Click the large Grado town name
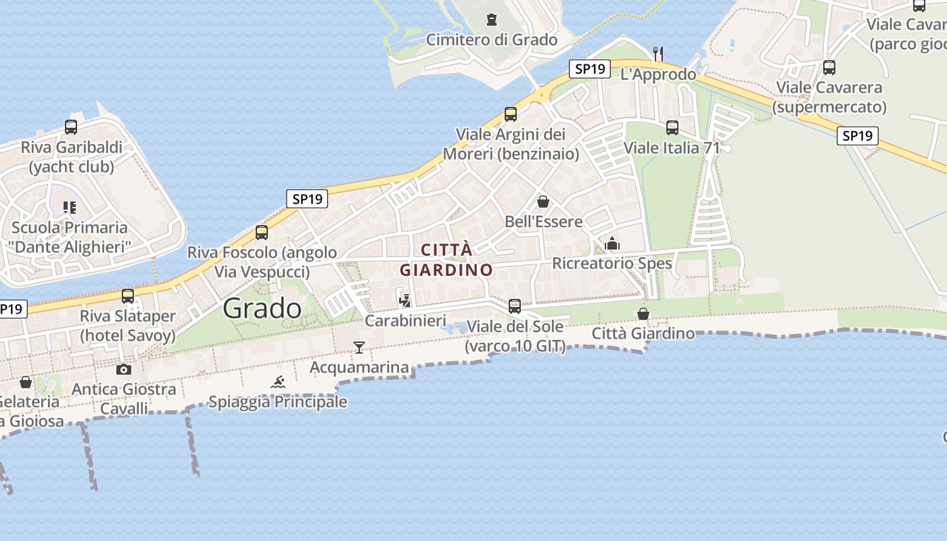click(x=262, y=308)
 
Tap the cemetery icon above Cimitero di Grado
click(x=492, y=20)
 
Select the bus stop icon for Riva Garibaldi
click(x=71, y=126)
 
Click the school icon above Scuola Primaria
click(x=70, y=207)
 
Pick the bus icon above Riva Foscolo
click(x=262, y=232)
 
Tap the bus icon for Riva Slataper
click(x=128, y=296)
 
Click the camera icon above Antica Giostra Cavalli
click(x=124, y=369)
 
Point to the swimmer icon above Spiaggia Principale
click(x=278, y=382)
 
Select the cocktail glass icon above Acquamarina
click(x=359, y=348)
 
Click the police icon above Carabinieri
click(x=405, y=300)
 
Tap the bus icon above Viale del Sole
click(x=515, y=306)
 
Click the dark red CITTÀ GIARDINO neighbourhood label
click(x=446, y=260)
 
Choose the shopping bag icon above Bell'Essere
click(x=543, y=202)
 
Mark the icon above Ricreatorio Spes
click(x=612, y=243)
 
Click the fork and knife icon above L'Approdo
click(x=658, y=53)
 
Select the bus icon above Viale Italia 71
click(x=672, y=127)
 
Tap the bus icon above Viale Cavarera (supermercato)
click(x=829, y=68)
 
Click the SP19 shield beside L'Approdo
click(x=590, y=68)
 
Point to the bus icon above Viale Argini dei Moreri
click(x=511, y=114)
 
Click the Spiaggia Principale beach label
click(x=278, y=402)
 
